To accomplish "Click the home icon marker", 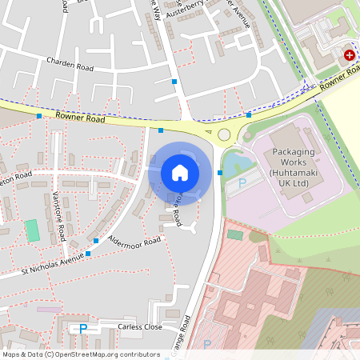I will click(180, 173).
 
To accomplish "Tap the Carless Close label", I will click(140, 327).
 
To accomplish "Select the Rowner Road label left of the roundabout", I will click(80, 118).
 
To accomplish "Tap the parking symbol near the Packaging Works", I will click(242, 183).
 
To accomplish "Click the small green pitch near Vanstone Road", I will click(32, 230).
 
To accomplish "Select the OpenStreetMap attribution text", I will click(81, 354).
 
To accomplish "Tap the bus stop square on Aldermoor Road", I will click(96, 240).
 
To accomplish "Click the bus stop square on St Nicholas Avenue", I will click(88, 254).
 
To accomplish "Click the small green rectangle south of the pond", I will click(234, 234).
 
